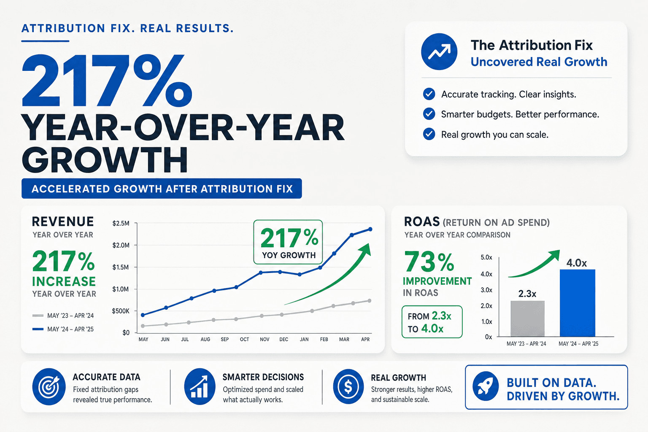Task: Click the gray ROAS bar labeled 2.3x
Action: pos(527,319)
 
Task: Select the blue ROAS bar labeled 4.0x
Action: pos(578,303)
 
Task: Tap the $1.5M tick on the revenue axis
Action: pos(121,267)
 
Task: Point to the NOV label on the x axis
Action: pos(265,340)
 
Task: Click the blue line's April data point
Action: pos(370,229)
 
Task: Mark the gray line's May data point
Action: pos(143,326)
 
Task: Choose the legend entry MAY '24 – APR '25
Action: pos(63,329)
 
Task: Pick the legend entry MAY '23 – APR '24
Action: pos(63,316)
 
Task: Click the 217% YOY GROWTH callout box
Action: pos(288,242)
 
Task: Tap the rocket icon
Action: pos(486,386)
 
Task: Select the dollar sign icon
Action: pos(348,386)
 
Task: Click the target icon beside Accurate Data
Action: pos(49,386)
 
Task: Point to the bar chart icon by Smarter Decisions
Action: pos(200,386)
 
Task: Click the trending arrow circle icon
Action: pos(439,51)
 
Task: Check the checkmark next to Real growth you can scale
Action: pos(429,134)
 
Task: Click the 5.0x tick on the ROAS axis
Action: pos(486,257)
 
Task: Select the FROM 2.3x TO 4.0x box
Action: pos(432,322)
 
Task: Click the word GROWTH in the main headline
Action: pos(105,160)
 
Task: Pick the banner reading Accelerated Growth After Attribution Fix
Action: pos(162,189)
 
